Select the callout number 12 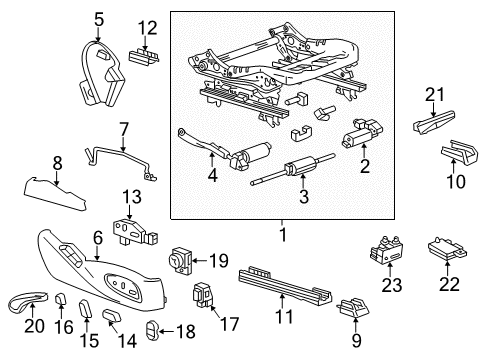coord(147,26)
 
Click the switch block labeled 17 coord(204,297)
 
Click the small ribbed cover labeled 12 coord(143,56)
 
